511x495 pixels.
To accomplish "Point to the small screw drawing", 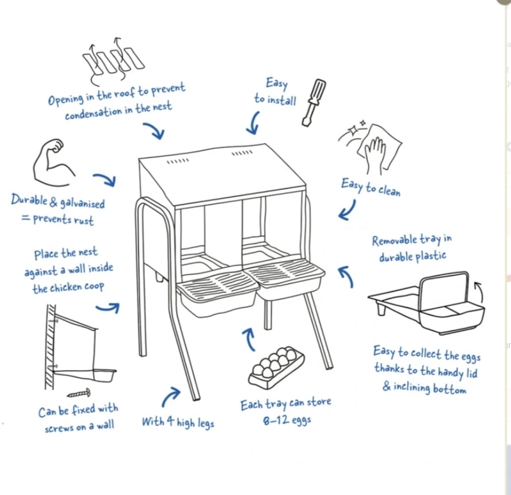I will [79, 394].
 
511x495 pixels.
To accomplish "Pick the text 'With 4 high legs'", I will [178, 422].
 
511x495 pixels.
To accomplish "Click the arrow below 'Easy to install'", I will [253, 122].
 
